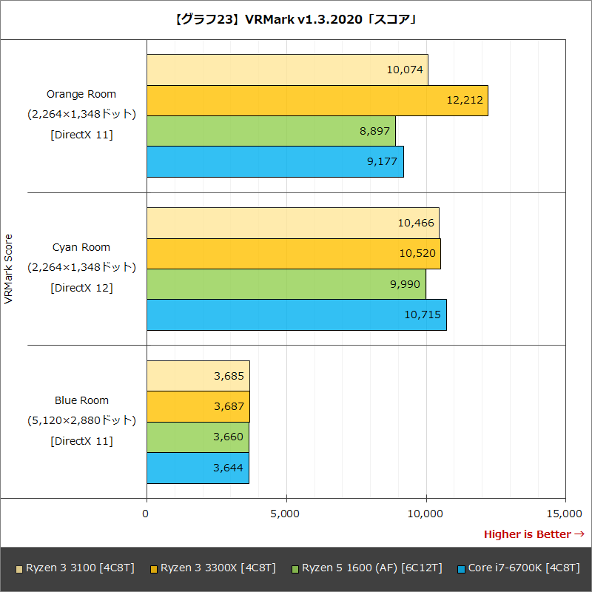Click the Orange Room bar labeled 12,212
pos(317,101)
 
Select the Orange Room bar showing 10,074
pos(287,70)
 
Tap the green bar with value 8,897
pos(271,131)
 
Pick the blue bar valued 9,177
pos(275,161)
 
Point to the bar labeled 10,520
pos(293,254)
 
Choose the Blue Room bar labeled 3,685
pos(198,376)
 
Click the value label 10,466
pos(415,223)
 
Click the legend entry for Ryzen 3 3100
pos(75,568)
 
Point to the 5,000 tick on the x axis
pos(286,513)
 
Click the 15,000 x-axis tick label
pos(565,513)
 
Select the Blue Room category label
pos(81,400)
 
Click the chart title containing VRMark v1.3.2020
pos(296,19)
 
